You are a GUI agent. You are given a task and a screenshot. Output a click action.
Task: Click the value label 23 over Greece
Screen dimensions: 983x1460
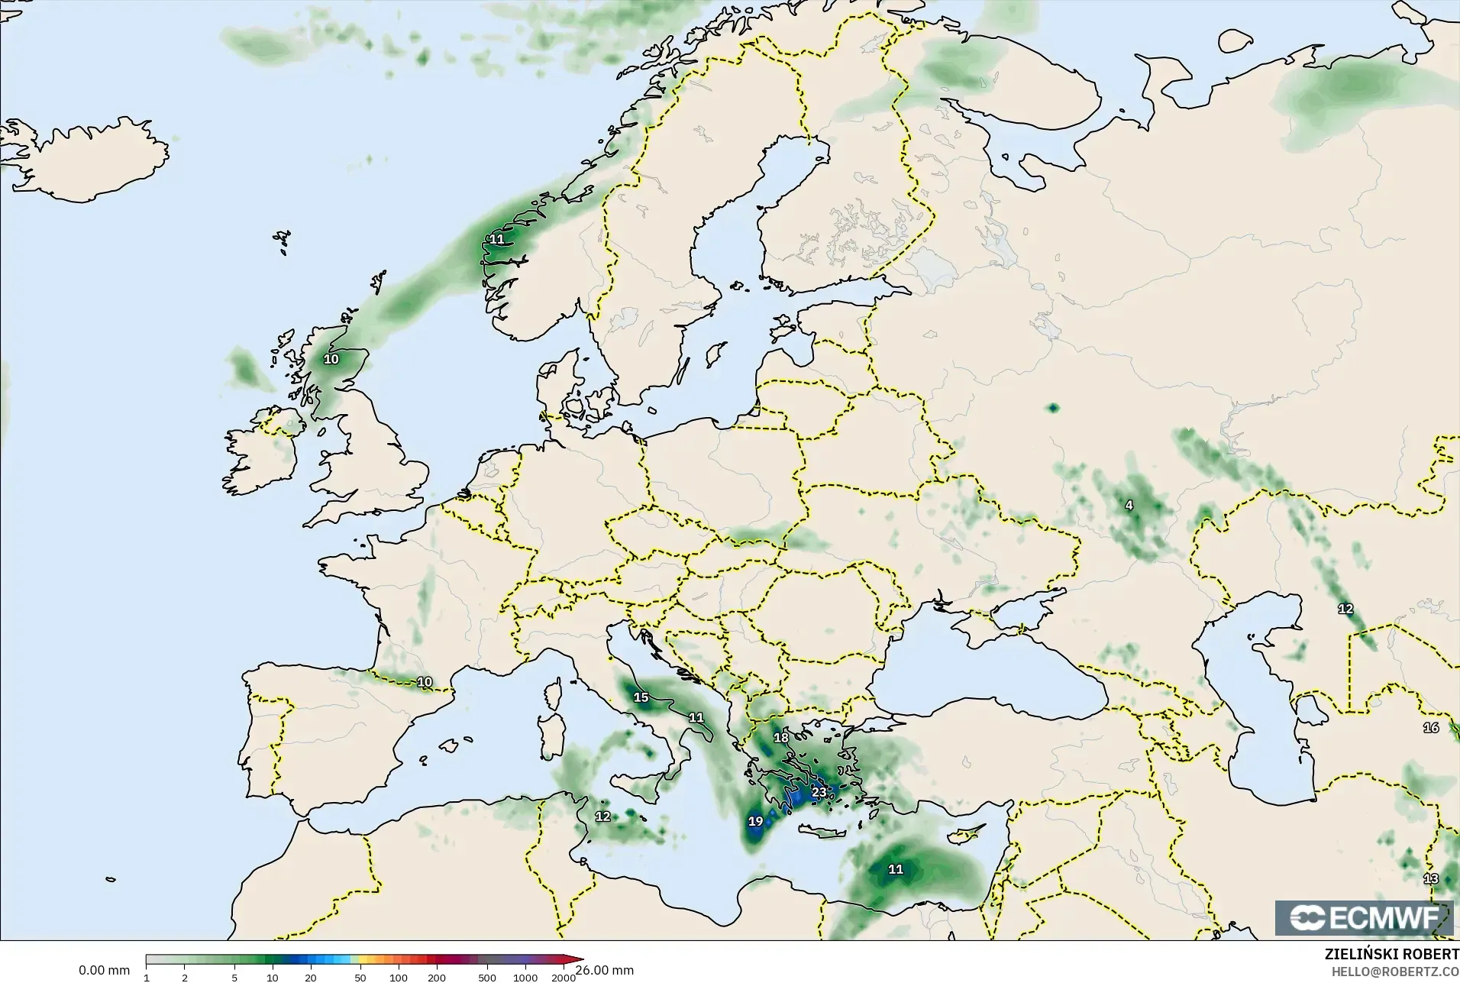click(819, 792)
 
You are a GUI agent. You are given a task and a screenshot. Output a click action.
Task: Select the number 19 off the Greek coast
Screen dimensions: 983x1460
click(755, 822)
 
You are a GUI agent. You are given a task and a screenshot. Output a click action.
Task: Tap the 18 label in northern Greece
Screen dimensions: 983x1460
click(780, 738)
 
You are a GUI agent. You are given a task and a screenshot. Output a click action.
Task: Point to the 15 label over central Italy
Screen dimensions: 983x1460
click(641, 697)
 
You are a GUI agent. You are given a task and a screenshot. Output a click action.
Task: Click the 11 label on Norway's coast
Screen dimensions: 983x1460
click(496, 239)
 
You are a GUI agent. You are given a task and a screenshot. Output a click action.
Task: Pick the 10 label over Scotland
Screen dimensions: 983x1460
click(331, 359)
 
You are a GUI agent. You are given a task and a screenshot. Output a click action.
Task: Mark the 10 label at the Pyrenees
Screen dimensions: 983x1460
click(425, 682)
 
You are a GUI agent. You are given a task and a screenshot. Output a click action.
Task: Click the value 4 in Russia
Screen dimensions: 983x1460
click(1129, 505)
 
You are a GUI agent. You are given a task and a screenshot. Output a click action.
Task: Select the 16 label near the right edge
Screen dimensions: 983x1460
click(1430, 728)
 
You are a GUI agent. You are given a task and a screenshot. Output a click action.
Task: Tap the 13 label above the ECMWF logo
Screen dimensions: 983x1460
click(1430, 879)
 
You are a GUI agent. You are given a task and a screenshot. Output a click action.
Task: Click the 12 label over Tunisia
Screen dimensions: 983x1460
click(602, 816)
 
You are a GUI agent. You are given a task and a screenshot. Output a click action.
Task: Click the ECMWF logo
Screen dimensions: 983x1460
click(1363, 918)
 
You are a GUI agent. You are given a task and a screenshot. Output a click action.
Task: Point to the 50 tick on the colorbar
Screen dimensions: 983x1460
click(360, 978)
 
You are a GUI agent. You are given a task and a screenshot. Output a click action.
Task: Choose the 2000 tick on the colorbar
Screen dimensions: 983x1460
click(563, 978)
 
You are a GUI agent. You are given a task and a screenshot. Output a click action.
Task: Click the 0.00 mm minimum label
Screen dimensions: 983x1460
click(104, 971)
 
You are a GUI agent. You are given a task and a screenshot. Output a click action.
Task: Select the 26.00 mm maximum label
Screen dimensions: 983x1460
click(605, 971)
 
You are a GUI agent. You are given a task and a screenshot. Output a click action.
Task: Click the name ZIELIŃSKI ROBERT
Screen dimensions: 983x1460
click(1391, 955)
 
